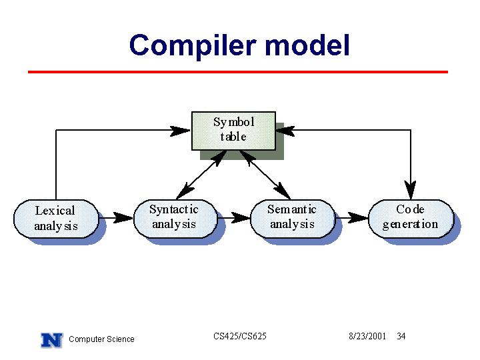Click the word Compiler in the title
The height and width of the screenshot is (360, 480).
click(193, 46)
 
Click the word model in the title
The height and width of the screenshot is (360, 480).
click(307, 45)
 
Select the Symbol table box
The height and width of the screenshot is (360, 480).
click(233, 131)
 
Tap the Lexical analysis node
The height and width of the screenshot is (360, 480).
click(56, 219)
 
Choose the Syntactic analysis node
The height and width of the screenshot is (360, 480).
click(175, 219)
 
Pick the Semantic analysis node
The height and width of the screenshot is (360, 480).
click(293, 219)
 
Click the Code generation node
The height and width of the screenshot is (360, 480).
click(411, 219)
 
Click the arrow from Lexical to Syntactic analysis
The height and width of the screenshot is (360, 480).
click(116, 218)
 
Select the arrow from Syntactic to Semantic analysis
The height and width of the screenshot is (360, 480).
click(234, 218)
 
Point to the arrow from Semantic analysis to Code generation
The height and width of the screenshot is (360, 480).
click(352, 218)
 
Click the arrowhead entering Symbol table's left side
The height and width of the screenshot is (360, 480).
click(181, 131)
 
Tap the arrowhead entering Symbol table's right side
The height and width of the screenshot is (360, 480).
click(285, 131)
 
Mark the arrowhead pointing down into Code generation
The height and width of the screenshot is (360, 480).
click(410, 190)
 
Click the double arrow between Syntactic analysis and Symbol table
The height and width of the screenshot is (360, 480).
click(201, 175)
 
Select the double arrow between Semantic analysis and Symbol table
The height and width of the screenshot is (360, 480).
click(265, 175)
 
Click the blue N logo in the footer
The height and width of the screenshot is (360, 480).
click(52, 340)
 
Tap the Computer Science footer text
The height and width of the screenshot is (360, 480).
click(101, 339)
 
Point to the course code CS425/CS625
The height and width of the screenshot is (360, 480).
click(240, 336)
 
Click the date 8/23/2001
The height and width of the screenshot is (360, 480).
click(367, 336)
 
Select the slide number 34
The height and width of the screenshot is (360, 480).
click(401, 336)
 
